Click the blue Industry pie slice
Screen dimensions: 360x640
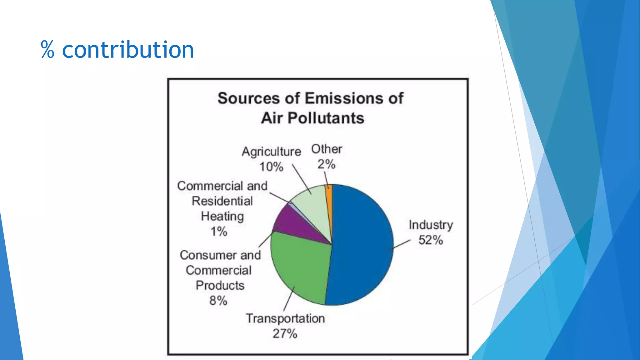tap(359, 244)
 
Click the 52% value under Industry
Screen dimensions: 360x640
tap(431, 240)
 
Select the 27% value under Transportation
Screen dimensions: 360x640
tap(285, 333)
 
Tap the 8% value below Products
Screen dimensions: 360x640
tap(218, 301)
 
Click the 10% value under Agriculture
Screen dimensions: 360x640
tap(271, 167)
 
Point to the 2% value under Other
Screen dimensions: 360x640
tap(327, 164)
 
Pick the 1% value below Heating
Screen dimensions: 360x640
tap(219, 232)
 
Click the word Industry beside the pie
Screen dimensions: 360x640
tap(431, 225)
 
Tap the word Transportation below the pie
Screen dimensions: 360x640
tap(285, 318)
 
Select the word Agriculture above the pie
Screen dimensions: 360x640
tap(271, 152)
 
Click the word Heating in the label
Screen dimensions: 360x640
tap(222, 216)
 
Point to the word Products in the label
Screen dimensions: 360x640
tap(220, 285)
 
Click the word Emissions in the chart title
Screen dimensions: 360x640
tap(344, 98)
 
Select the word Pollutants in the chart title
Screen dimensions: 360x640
tap(326, 118)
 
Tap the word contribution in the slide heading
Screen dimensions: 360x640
tap(128, 50)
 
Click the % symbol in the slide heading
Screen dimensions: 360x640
tap(47, 50)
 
